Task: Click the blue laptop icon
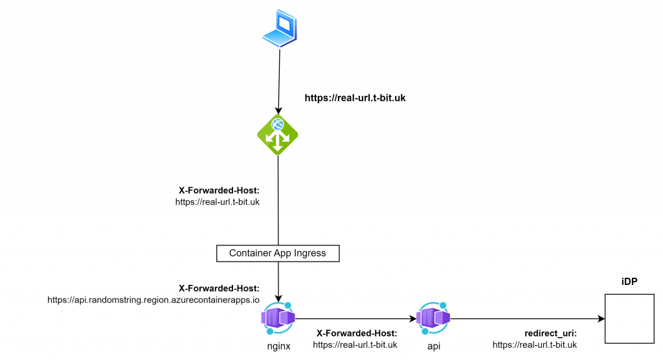pyautogui.click(x=280, y=28)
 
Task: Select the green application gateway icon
pyautogui.click(x=278, y=135)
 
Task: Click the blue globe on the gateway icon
pyautogui.click(x=278, y=124)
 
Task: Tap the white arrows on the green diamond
pyautogui.click(x=278, y=140)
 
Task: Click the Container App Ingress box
pyautogui.click(x=278, y=253)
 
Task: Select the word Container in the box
pyautogui.click(x=250, y=253)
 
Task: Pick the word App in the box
pyautogui.click(x=282, y=253)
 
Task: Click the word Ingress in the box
pyautogui.click(x=310, y=253)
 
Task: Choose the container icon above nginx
pyautogui.click(x=278, y=318)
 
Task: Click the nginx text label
pyautogui.click(x=279, y=346)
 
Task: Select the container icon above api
pyautogui.click(x=433, y=318)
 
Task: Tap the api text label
pyautogui.click(x=434, y=346)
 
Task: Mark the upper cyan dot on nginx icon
pyautogui.click(x=288, y=305)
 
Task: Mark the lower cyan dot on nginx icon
pyautogui.click(x=269, y=331)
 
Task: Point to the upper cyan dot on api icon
pyautogui.click(x=444, y=305)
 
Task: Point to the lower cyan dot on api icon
pyautogui.click(x=425, y=331)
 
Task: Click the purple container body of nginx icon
pyautogui.click(x=278, y=318)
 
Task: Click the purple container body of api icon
pyautogui.click(x=433, y=318)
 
